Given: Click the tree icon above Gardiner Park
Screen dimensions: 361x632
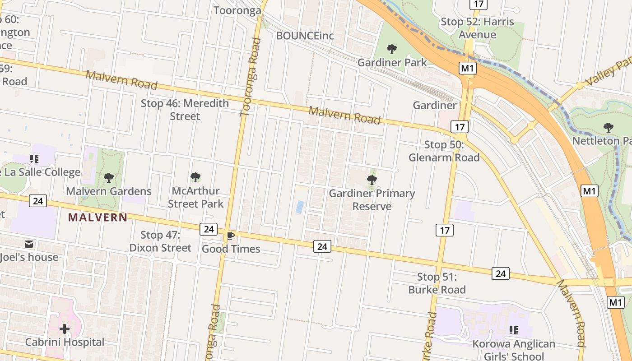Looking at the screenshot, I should point(392,49).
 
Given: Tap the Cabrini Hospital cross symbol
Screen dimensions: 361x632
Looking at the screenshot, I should point(65,329).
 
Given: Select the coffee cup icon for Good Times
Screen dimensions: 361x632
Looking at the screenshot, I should point(231,236).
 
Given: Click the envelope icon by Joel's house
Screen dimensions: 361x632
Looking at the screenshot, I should point(29,244).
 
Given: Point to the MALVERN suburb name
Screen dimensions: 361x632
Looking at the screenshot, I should point(98,218).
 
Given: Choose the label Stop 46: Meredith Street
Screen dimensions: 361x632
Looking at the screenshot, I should point(185,110).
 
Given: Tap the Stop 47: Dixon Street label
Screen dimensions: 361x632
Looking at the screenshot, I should point(160,241).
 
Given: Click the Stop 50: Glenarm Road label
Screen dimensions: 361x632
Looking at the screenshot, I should point(444,151).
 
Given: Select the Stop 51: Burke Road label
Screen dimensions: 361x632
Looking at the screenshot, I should point(437,283).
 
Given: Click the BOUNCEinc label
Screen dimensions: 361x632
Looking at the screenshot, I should point(305,36).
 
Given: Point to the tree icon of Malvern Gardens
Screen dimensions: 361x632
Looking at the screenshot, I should point(108,177).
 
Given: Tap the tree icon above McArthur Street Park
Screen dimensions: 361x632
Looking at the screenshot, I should point(195,177).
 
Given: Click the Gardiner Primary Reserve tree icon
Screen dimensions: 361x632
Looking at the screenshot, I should point(372,180).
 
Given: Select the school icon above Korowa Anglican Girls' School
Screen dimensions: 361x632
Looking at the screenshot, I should point(513,330).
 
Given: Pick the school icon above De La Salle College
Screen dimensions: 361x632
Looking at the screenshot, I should point(34,158).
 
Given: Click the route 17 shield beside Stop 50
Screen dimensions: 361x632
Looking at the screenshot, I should point(460,127).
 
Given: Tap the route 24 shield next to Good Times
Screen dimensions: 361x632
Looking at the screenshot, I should point(209,229).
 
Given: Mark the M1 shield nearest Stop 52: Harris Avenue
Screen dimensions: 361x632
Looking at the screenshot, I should point(468,68).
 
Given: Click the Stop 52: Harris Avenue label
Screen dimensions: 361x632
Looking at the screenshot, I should point(477,28).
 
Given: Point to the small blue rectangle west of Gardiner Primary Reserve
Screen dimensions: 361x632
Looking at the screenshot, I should point(300,207).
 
